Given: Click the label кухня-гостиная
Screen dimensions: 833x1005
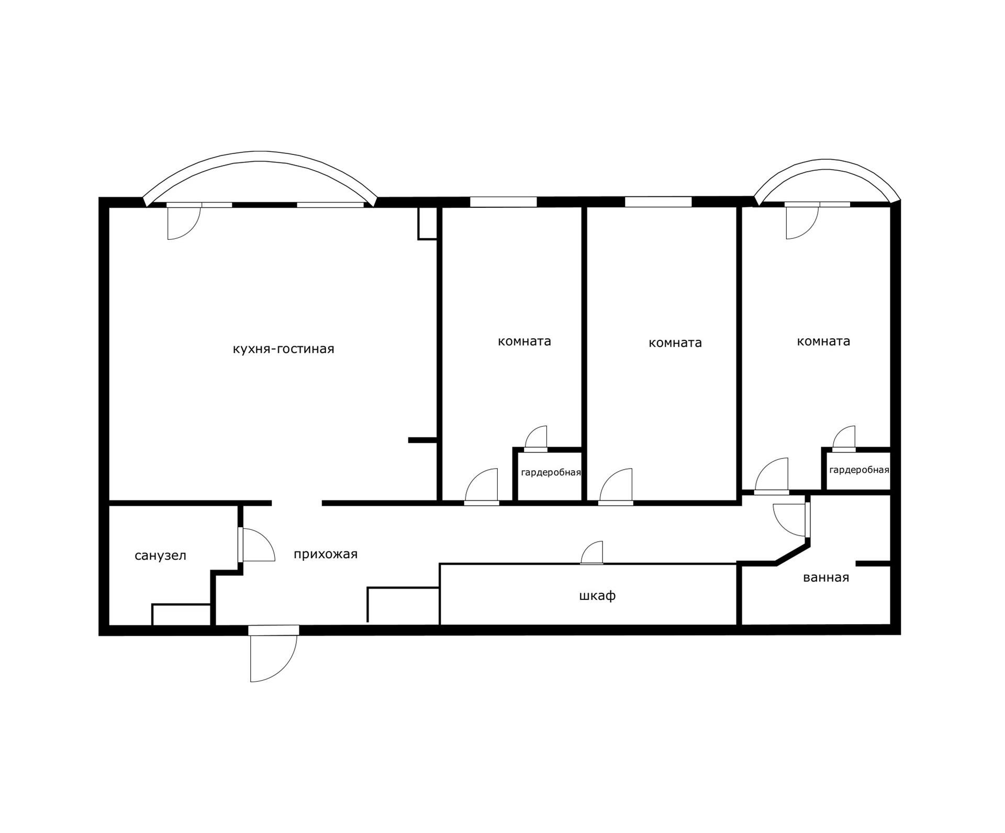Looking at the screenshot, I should click(283, 349).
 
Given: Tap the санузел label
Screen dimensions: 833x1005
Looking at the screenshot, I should click(160, 556).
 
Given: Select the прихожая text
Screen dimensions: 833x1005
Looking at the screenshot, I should click(325, 554).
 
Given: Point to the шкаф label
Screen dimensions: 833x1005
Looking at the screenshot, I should click(597, 596).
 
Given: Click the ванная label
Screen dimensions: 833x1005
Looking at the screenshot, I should click(825, 577).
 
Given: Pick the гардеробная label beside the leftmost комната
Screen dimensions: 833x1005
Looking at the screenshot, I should click(551, 473).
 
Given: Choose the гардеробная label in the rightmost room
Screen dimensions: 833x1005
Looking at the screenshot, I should click(859, 470).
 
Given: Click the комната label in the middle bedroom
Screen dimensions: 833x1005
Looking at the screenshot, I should click(675, 343).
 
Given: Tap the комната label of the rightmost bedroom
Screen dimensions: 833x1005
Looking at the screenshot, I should click(823, 341).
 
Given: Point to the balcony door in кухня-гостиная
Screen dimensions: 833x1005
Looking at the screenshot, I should click(183, 222).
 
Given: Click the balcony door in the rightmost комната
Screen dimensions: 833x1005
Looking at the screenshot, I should click(801, 221).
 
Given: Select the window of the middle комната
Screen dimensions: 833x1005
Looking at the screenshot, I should click(658, 202).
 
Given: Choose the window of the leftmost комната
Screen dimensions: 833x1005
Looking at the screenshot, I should click(503, 202).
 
